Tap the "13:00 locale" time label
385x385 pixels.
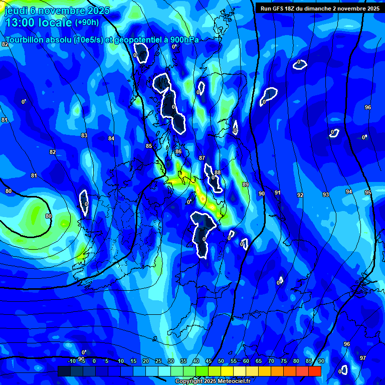pos(38,23)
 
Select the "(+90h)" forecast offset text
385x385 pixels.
pos(87,23)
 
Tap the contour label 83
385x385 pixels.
pos(84,135)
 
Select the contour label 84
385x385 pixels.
pos(111,138)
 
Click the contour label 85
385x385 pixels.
pos(148,146)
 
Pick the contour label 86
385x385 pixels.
pos(178,151)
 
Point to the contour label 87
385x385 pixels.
pos(202,158)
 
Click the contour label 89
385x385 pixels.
pos(245,185)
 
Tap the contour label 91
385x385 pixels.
pos(277,192)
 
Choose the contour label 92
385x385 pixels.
pos(300,195)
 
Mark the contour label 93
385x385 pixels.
pos(325,195)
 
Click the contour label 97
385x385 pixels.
pos(363,358)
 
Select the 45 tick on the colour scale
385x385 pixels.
pos(208,361)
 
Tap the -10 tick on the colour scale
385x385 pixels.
pos(72,361)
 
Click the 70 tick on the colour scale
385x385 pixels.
pos(271,361)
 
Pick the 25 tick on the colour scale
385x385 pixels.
pos(158,361)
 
